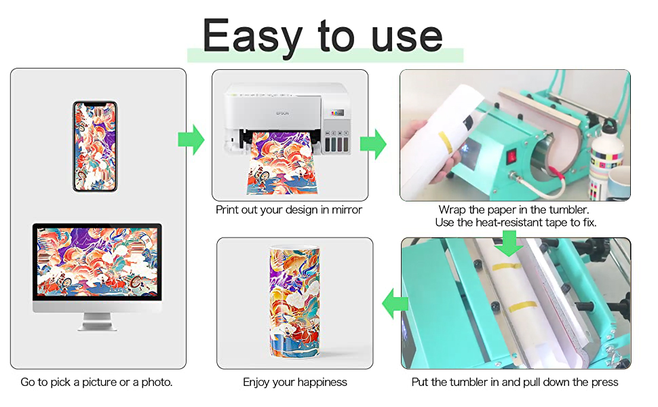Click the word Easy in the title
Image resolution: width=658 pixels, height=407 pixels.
click(x=252, y=37)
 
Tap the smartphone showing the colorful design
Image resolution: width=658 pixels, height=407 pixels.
click(x=95, y=147)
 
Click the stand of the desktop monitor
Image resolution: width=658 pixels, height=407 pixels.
click(x=97, y=322)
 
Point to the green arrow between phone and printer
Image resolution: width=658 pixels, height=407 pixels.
click(x=191, y=139)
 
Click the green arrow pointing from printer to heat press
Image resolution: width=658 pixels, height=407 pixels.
click(x=373, y=144)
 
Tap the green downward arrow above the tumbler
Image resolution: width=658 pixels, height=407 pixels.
click(x=509, y=243)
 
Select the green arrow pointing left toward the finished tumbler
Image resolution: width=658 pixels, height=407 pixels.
click(x=395, y=303)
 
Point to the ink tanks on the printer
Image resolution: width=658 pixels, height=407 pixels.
click(x=336, y=142)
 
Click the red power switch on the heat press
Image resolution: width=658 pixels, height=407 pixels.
click(x=511, y=157)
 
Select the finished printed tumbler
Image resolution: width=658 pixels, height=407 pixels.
click(x=294, y=301)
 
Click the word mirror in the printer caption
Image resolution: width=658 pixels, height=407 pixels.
click(x=347, y=210)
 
